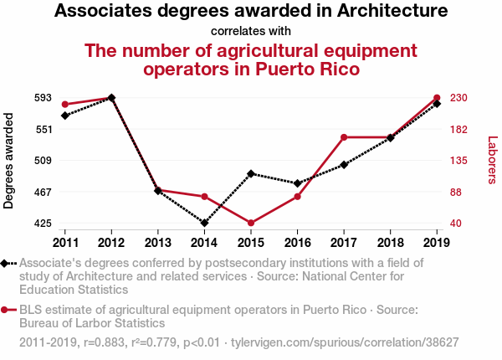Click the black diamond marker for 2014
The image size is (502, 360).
[204, 223]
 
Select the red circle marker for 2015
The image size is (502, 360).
[251, 223]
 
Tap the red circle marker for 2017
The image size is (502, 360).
[344, 137]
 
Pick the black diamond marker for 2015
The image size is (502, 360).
[251, 173]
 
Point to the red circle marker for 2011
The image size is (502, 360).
[65, 105]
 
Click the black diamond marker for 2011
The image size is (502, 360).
[65, 115]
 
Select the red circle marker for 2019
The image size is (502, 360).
[437, 98]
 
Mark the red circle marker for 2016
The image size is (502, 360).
[298, 197]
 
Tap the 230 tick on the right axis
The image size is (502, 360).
[458, 98]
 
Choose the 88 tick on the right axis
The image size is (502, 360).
[457, 192]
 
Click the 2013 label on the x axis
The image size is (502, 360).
[158, 243]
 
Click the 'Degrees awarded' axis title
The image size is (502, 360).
[9, 161]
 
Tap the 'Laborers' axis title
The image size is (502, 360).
[492, 161]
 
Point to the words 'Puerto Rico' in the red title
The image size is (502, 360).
[300, 69]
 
